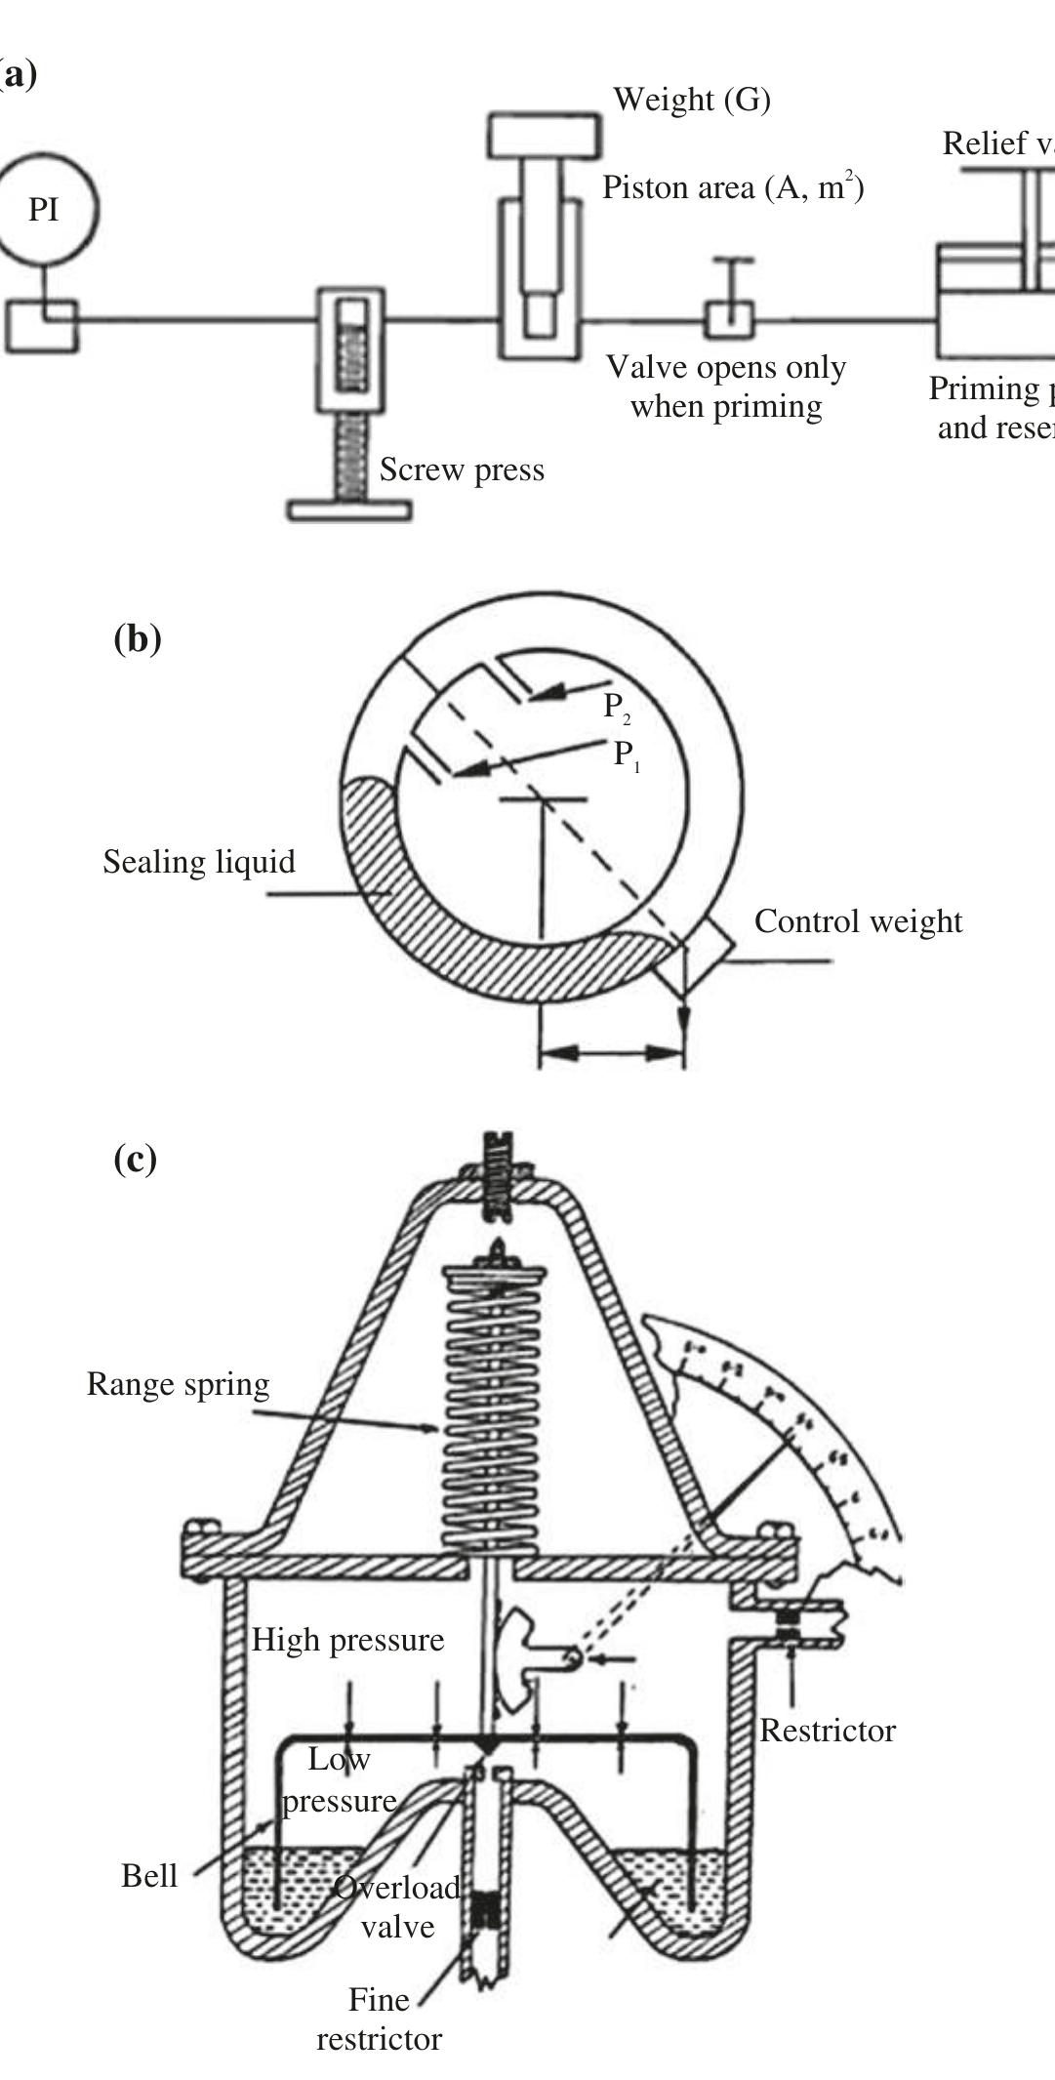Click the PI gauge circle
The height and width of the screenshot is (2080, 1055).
click(x=46, y=208)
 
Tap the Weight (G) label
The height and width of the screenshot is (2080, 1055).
click(x=691, y=99)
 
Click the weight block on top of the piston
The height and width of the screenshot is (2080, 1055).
click(x=545, y=136)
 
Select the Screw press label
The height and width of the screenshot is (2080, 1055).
click(x=461, y=469)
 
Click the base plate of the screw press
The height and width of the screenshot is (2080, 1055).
click(x=348, y=510)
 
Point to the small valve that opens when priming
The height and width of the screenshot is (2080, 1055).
click(x=730, y=318)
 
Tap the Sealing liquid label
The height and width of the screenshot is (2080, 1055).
click(x=198, y=862)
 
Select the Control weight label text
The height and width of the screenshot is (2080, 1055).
click(x=858, y=921)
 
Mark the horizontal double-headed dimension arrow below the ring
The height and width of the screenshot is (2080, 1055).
click(x=611, y=1053)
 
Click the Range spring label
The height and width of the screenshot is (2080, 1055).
click(x=178, y=1384)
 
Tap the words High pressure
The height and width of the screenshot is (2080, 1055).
click(x=347, y=1640)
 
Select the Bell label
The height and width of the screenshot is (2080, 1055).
click(x=149, y=1875)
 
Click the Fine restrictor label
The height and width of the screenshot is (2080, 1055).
click(x=379, y=2019)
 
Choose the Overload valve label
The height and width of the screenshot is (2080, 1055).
click(x=397, y=1907)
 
